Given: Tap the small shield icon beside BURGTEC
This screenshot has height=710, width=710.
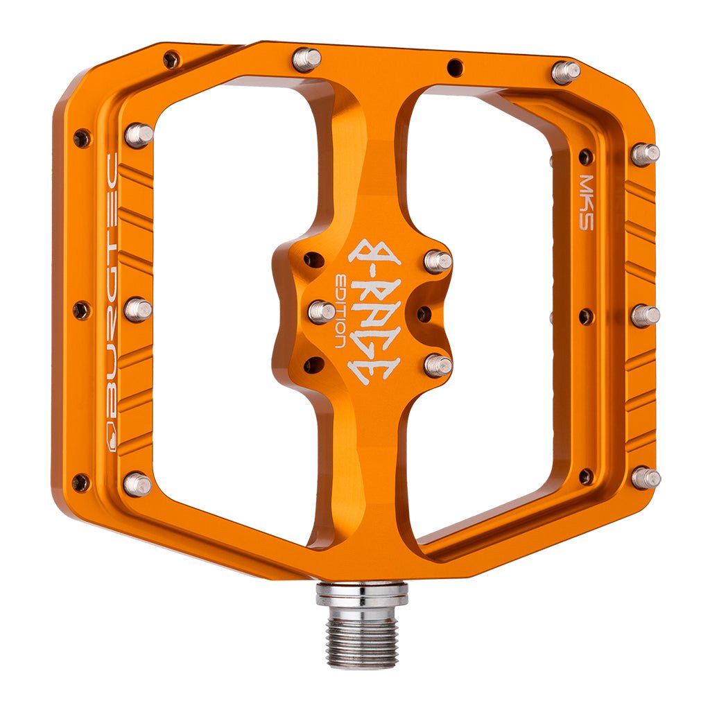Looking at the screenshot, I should click(x=110, y=438).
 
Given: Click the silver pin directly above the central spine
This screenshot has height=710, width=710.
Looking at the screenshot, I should click(x=306, y=60).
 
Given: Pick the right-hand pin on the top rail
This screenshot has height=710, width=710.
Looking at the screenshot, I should click(x=565, y=72).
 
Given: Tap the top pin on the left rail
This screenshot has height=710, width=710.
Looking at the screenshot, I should click(x=139, y=135).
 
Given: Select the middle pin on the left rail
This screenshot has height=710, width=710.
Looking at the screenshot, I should click(x=138, y=309).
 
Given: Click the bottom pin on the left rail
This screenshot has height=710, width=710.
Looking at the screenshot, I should click(x=137, y=483).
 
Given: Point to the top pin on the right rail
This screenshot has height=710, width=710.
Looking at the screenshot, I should click(x=645, y=153).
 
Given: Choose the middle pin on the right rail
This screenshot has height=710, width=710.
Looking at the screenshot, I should click(x=645, y=316).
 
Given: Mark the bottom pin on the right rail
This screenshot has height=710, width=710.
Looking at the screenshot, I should click(x=646, y=477).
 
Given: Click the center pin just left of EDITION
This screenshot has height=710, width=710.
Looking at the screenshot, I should click(x=321, y=311).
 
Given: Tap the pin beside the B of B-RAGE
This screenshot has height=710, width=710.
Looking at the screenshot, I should click(x=438, y=261).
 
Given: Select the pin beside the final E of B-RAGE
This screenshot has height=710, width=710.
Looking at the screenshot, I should click(x=438, y=365).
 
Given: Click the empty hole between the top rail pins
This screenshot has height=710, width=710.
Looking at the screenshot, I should click(x=455, y=67).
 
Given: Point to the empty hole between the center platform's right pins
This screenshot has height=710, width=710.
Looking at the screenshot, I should click(x=424, y=313).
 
